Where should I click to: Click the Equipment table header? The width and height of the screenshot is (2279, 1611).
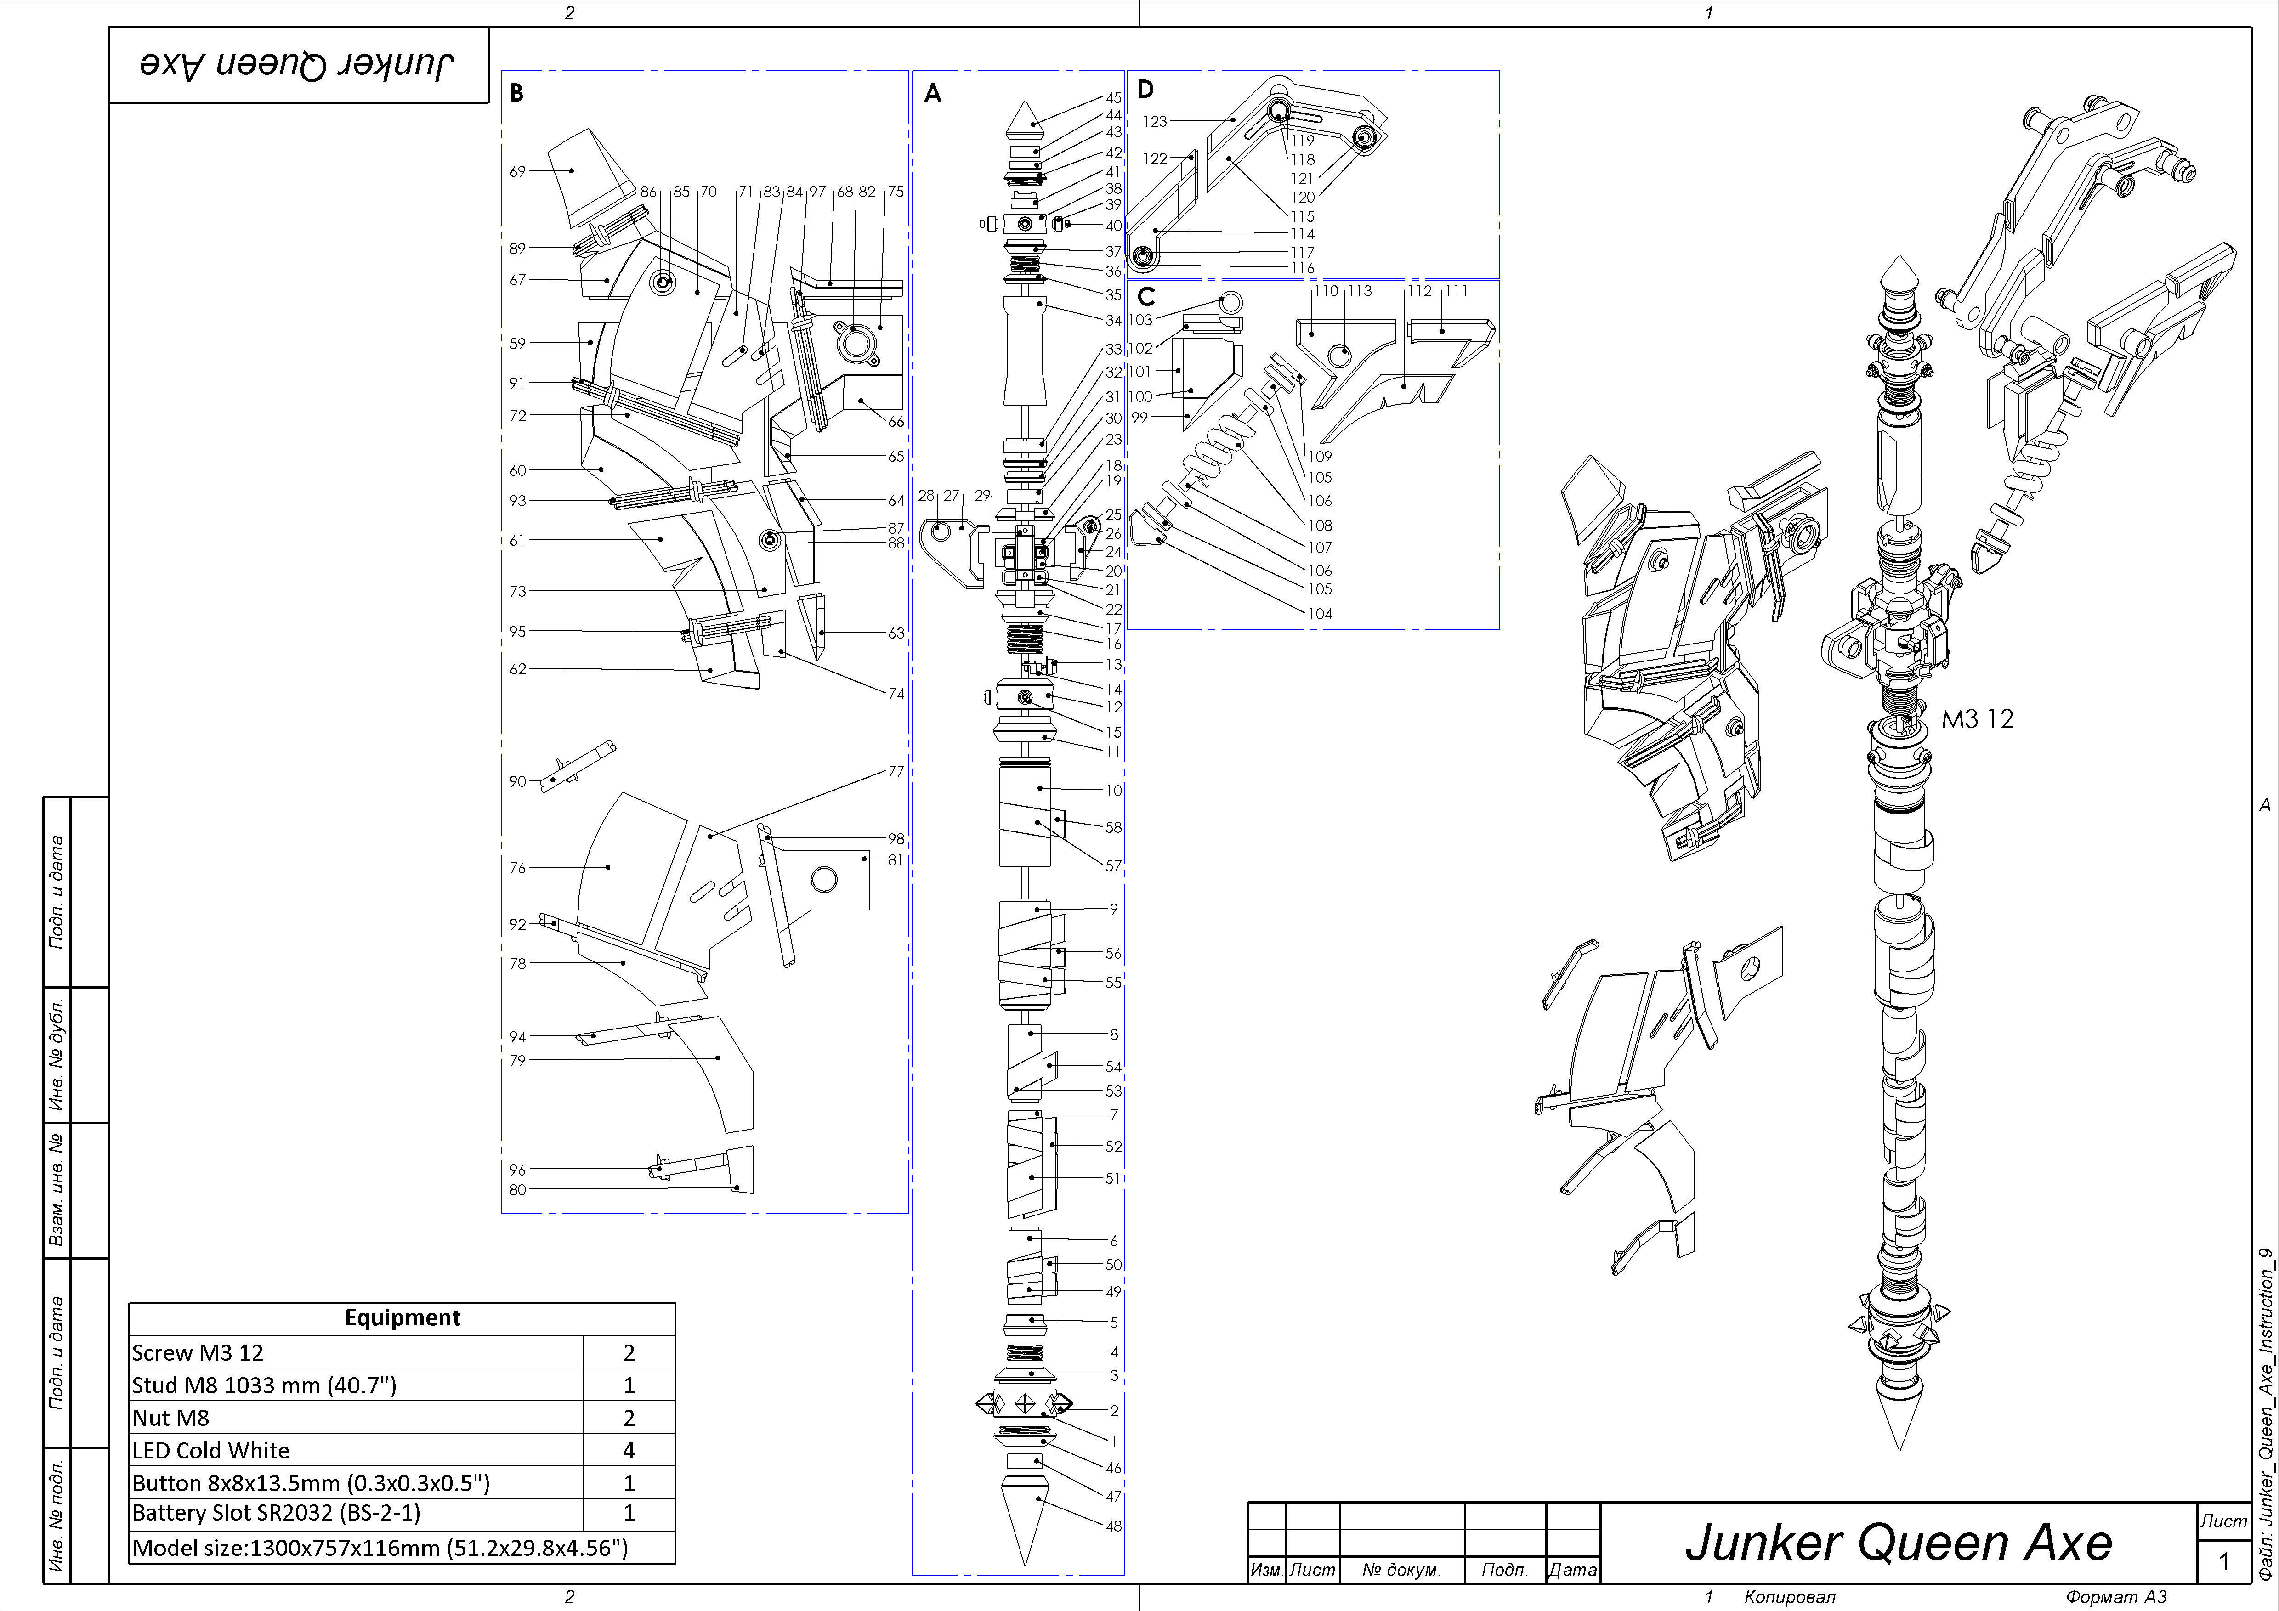click(x=402, y=1317)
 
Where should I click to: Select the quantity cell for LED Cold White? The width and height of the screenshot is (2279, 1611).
click(x=628, y=1450)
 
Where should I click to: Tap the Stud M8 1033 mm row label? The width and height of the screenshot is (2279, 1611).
click(x=264, y=1385)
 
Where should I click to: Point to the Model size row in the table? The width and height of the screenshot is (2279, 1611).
click(x=380, y=1548)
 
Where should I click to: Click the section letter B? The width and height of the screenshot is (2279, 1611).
click(x=516, y=93)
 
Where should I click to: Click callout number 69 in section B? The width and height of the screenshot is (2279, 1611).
click(x=517, y=171)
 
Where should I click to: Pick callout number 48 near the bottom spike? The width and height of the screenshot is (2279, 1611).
click(x=1114, y=1526)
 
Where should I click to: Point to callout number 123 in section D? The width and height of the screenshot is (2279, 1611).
click(x=1154, y=121)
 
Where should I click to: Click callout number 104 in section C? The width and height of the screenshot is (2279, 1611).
click(x=1319, y=613)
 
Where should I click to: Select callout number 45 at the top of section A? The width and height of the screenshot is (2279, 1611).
click(x=1114, y=97)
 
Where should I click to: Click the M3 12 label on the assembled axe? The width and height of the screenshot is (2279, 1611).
click(x=1977, y=718)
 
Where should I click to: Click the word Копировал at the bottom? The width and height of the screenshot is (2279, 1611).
click(x=1790, y=1596)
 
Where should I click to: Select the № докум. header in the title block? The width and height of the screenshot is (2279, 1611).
click(x=1400, y=1569)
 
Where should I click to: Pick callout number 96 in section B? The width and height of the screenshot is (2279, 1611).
click(x=517, y=1169)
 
